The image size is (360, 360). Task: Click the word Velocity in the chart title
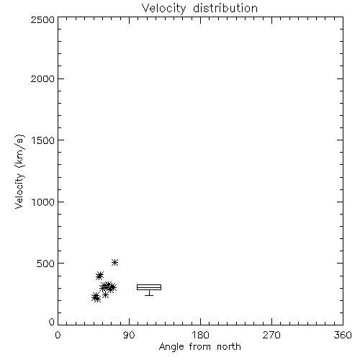[x=163, y=9]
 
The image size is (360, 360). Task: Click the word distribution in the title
[x=225, y=8]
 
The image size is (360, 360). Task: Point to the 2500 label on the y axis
[x=42, y=19]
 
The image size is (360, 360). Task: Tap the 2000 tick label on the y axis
[x=42, y=78]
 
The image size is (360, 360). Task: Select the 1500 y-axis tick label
[x=43, y=140]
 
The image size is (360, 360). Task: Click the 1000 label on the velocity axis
[x=43, y=202]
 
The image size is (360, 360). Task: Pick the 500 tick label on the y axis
[x=46, y=264]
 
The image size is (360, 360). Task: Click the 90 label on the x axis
[x=129, y=335]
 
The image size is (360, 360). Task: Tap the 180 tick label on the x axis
[x=200, y=335]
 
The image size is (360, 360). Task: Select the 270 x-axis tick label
[x=271, y=335]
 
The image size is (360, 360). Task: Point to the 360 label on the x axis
[x=343, y=335]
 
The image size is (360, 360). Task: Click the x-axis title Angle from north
[x=200, y=347]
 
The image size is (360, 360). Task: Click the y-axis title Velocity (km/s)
[x=19, y=172]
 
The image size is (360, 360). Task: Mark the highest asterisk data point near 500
[x=114, y=262]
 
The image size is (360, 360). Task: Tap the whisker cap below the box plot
[x=149, y=295]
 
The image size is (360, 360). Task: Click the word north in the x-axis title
[x=229, y=346]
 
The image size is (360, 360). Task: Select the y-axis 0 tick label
[x=52, y=322]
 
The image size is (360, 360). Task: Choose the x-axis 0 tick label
[x=58, y=335]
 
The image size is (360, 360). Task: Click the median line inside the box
[x=149, y=287]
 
